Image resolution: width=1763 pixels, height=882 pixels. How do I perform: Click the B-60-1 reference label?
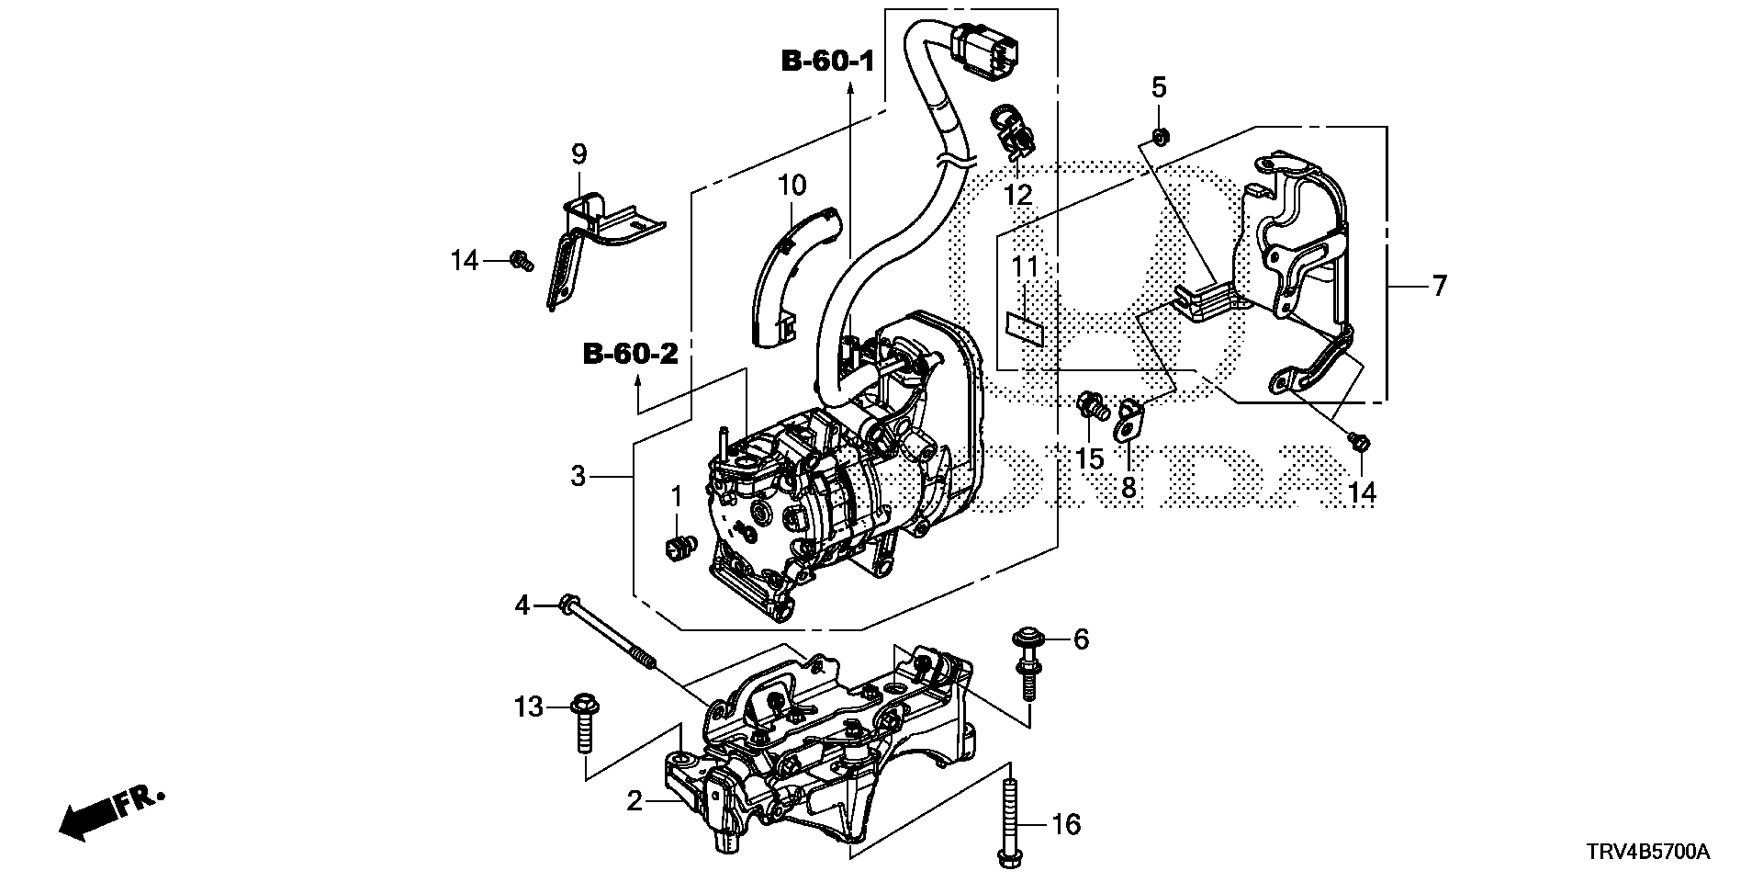(827, 62)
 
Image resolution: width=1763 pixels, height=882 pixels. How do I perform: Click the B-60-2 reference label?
(631, 353)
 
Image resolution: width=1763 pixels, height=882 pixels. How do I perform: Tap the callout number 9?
(578, 153)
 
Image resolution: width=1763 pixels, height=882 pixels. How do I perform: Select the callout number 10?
(792, 186)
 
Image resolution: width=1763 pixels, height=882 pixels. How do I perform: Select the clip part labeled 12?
(1012, 136)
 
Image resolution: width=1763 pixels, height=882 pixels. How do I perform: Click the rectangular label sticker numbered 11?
(1025, 327)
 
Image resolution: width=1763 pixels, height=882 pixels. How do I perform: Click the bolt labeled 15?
(1091, 407)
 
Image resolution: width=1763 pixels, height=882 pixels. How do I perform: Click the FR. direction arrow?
(110, 811)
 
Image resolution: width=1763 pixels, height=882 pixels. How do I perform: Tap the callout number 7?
(1439, 285)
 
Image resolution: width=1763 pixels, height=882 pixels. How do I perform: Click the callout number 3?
(578, 476)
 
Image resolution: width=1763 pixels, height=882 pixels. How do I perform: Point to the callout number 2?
(634, 801)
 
